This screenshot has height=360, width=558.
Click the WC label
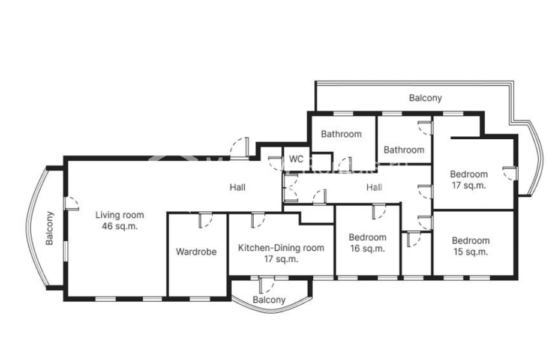click(x=296, y=158)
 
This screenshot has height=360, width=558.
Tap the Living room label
click(x=119, y=215)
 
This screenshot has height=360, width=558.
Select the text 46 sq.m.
click(x=119, y=226)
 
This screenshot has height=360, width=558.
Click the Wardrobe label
click(x=196, y=252)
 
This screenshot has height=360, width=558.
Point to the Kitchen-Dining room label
click(x=281, y=248)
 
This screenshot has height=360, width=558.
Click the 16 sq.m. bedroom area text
click(x=367, y=248)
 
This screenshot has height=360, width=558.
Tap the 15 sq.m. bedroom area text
click(x=470, y=252)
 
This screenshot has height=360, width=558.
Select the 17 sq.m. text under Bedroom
click(x=469, y=185)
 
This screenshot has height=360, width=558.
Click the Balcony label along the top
click(x=425, y=98)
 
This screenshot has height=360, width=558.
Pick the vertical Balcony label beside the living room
click(x=49, y=229)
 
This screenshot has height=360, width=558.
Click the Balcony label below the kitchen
click(x=269, y=300)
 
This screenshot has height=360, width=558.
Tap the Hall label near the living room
click(x=238, y=187)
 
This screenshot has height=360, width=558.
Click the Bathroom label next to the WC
click(x=341, y=134)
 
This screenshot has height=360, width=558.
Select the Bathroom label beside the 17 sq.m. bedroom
click(x=404, y=150)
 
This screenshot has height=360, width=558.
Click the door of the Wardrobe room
click(x=205, y=220)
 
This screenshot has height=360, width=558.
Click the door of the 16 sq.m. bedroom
click(x=379, y=212)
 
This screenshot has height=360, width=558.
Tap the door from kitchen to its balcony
click(x=267, y=285)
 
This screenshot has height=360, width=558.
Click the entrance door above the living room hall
click(x=240, y=147)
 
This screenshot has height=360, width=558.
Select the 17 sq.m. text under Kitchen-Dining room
click(x=281, y=259)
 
